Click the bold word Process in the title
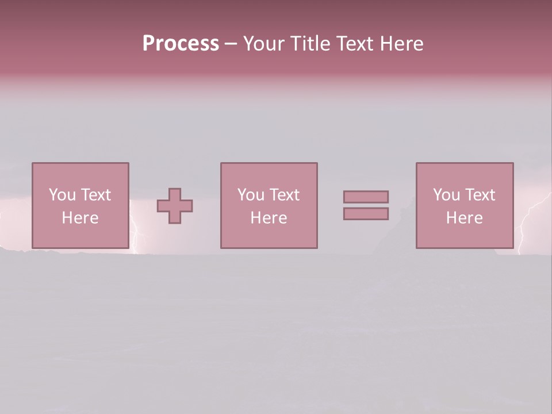(181, 43)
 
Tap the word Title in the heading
(308, 44)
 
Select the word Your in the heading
(263, 44)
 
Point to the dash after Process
(231, 44)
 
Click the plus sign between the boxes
(175, 206)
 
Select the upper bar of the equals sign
(366, 197)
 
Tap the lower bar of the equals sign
(366, 214)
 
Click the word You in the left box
(62, 195)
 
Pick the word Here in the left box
(80, 218)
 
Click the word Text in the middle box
(284, 195)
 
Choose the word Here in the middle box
(269, 218)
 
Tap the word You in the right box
(446, 195)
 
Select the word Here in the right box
(464, 218)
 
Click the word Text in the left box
(95, 195)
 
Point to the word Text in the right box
(480, 195)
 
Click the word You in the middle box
(251, 195)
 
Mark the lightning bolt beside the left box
(136, 230)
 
